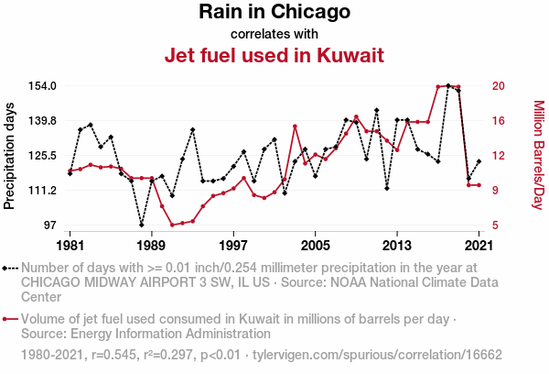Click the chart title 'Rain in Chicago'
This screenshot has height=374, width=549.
tap(274, 13)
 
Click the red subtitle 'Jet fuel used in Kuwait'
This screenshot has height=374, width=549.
tap(274, 55)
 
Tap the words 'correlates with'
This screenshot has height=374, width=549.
tap(274, 34)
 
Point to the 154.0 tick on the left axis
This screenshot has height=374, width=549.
tap(42, 86)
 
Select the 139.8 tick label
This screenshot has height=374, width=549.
tap(42, 121)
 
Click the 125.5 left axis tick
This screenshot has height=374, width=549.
tap(42, 156)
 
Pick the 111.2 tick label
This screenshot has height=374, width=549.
tap(42, 191)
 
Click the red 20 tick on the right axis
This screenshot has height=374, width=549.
tap(499, 86)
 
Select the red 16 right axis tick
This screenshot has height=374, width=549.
tap(499, 121)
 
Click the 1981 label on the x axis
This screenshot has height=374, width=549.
tap(70, 246)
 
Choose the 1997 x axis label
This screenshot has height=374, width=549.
tap(234, 246)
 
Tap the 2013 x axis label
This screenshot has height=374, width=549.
tap(397, 246)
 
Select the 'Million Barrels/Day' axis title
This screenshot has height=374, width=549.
tap(538, 154)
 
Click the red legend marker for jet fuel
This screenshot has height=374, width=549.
tap(10, 319)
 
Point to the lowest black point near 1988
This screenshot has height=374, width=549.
tap(142, 225)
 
